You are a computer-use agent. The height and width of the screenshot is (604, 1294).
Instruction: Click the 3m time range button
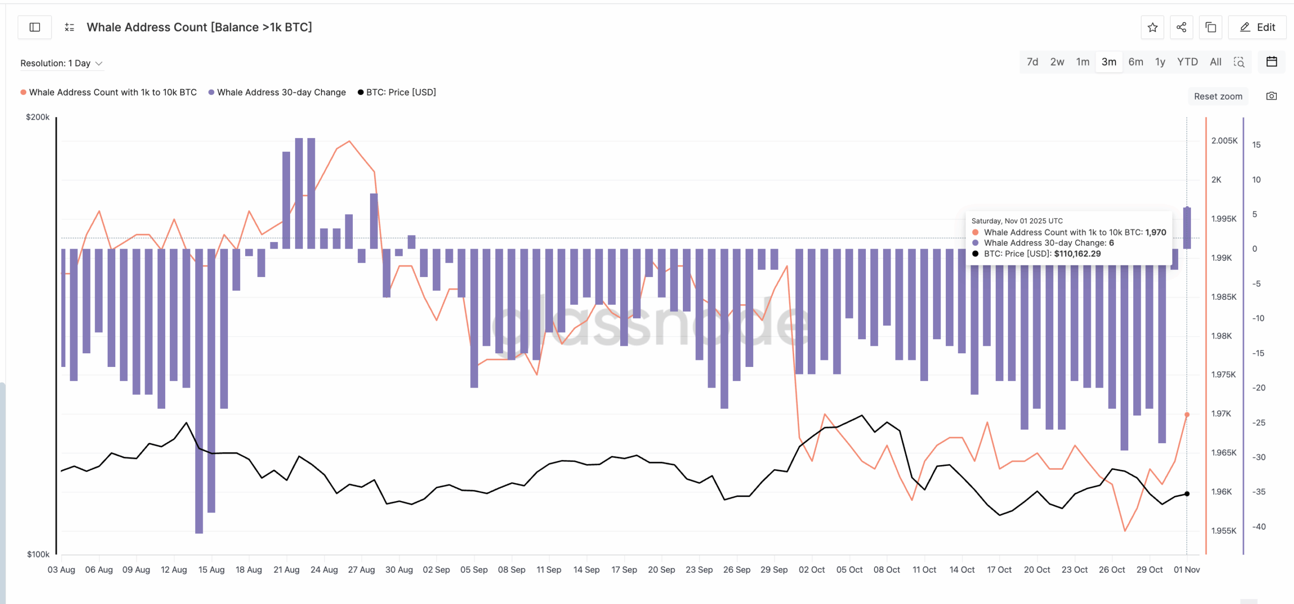point(1108,62)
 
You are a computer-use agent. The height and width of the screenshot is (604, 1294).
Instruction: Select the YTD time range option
point(1187,62)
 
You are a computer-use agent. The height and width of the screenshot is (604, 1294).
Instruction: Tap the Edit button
point(1257,27)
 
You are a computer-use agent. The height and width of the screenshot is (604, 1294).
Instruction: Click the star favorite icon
point(1152,27)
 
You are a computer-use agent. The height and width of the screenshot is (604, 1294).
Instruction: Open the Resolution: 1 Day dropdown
point(61,63)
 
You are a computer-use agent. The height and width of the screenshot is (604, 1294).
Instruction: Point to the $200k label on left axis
point(37,117)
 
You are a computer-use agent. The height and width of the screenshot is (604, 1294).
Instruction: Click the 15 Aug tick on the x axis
point(211,570)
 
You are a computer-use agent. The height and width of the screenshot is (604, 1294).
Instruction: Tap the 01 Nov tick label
point(1186,570)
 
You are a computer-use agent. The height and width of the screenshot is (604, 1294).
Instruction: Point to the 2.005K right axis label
point(1224,141)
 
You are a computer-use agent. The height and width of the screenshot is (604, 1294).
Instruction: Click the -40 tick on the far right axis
point(1258,527)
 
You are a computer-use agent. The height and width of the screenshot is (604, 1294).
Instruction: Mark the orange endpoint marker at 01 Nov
point(1187,414)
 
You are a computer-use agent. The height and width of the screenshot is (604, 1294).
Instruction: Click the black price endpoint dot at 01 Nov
point(1187,494)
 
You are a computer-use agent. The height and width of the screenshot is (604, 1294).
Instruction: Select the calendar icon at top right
point(1272,62)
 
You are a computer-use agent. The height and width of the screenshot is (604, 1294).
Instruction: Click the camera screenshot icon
point(1271,96)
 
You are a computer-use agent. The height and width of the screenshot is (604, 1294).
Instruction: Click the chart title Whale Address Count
point(199,27)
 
